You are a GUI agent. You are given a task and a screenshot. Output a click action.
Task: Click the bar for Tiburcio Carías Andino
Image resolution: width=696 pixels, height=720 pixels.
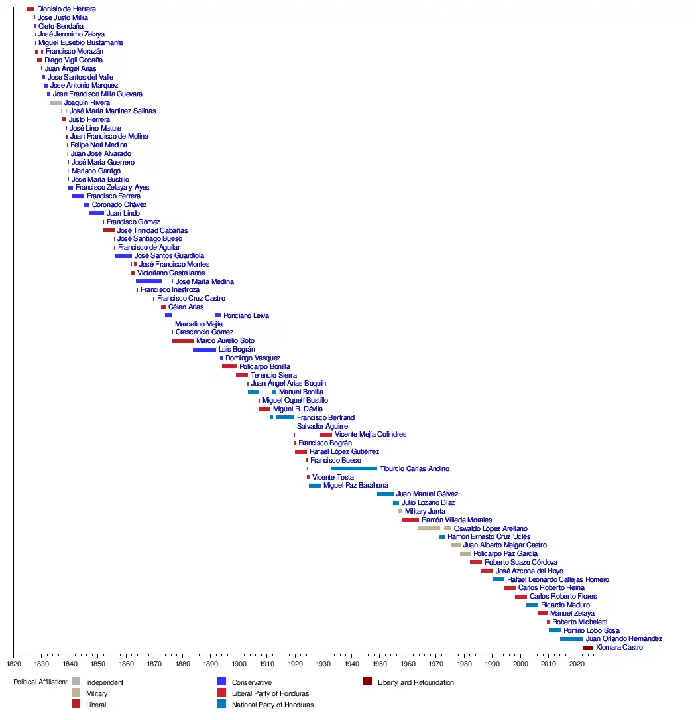click(x=354, y=468)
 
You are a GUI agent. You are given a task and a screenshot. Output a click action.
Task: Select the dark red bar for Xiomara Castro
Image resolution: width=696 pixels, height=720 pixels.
click(x=587, y=648)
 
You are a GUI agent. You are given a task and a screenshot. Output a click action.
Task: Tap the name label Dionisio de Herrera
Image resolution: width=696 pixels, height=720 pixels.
click(x=66, y=9)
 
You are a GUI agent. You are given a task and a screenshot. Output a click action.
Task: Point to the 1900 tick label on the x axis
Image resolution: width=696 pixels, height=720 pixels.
click(x=239, y=663)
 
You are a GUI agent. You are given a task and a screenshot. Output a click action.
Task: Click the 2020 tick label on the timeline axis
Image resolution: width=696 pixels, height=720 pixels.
click(x=577, y=663)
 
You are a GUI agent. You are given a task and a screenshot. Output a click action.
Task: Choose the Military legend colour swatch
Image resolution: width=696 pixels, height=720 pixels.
click(x=76, y=693)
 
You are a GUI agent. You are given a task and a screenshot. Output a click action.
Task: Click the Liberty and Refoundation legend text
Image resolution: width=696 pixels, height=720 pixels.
click(x=416, y=682)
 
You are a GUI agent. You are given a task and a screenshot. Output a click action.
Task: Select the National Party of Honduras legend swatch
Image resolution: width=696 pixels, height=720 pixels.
click(x=222, y=704)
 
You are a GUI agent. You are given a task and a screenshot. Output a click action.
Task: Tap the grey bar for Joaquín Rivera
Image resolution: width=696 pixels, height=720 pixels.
click(x=56, y=103)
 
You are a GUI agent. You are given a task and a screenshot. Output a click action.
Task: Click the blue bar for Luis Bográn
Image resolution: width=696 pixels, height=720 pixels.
click(x=204, y=350)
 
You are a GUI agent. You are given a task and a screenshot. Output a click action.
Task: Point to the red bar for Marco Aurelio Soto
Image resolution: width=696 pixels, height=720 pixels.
click(x=183, y=341)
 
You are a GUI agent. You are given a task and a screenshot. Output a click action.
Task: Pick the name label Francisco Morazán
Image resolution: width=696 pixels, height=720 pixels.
click(x=74, y=52)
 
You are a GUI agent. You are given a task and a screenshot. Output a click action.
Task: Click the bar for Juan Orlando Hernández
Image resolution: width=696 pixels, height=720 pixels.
click(x=571, y=639)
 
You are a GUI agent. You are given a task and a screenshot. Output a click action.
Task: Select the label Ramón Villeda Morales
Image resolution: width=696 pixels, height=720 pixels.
click(x=457, y=520)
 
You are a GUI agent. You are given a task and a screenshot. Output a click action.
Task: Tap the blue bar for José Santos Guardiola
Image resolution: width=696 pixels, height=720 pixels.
click(x=123, y=256)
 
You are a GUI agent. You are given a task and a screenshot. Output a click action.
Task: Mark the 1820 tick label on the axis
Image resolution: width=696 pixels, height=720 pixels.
click(x=14, y=663)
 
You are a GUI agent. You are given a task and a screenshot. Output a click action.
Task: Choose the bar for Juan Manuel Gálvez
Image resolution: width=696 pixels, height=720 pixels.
click(x=385, y=494)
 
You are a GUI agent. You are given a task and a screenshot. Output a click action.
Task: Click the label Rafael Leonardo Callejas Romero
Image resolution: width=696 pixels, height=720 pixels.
click(x=558, y=580)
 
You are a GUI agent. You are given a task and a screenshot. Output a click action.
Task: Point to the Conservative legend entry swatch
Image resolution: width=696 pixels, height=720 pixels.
click(x=222, y=682)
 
